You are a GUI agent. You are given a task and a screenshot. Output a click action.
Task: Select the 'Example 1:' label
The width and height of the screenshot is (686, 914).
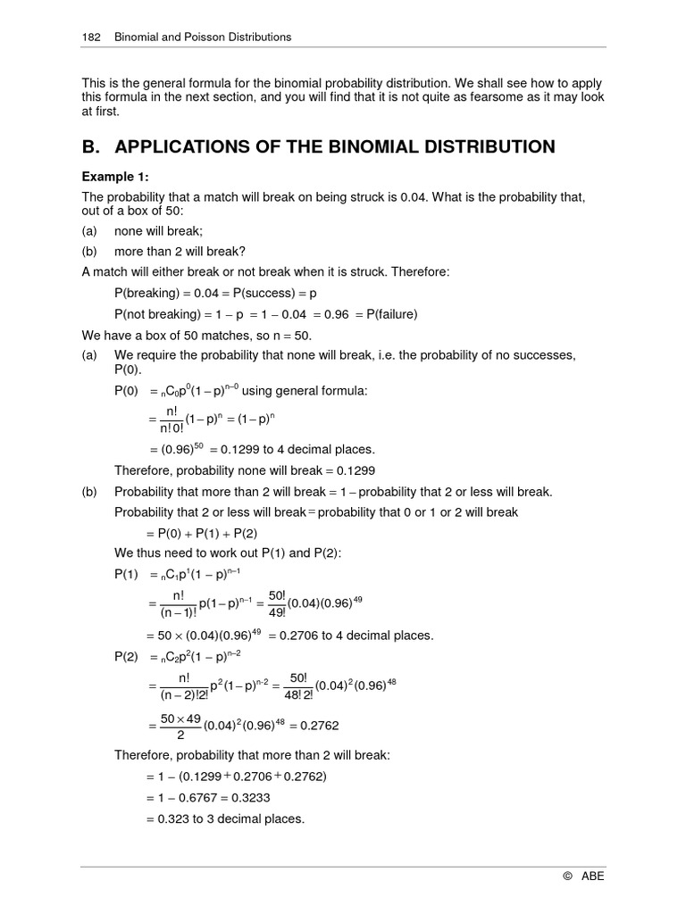tap(114, 177)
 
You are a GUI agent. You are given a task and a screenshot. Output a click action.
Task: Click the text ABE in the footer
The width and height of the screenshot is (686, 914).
tap(593, 877)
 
